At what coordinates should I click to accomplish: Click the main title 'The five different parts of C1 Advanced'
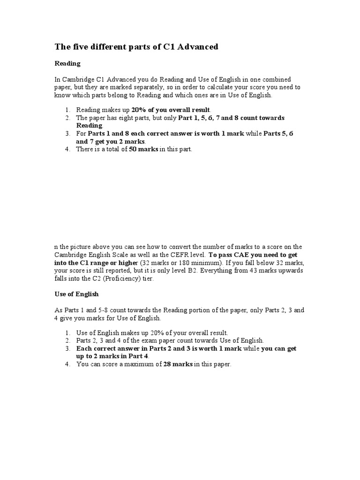tap(136, 47)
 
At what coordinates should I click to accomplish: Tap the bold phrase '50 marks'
tap(143, 149)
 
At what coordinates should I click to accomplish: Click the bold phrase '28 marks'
tap(178, 364)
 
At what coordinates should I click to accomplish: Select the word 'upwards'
tap(291, 270)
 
